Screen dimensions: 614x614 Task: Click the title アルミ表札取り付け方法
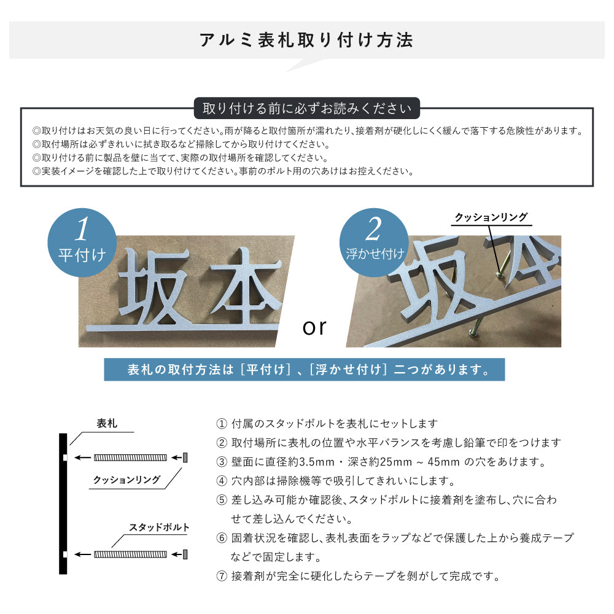[306, 41]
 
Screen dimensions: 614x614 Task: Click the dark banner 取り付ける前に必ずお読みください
[306, 109]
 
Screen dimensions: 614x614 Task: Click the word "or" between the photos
[314, 327]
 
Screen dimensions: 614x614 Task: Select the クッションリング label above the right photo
[491, 217]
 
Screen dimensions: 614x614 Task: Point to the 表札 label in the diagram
[107, 424]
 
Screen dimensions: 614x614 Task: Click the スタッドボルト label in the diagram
[159, 527]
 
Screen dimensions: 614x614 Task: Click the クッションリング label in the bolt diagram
[127, 480]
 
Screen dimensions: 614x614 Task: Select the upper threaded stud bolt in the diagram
[130, 457]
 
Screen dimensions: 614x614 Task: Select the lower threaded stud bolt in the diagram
[130, 554]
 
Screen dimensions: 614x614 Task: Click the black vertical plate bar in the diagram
[63, 503]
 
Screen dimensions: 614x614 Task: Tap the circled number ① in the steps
[222, 424]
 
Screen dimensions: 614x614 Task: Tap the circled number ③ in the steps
[222, 462]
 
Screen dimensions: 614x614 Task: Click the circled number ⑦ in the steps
[222, 577]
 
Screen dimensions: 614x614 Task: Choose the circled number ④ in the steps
[222, 481]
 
